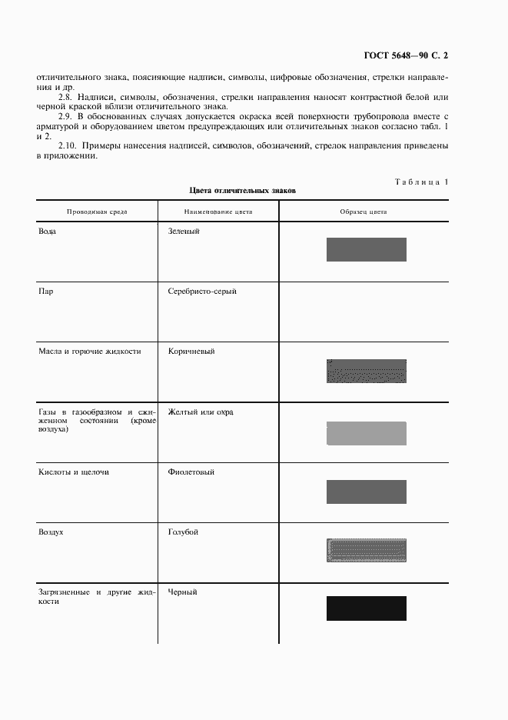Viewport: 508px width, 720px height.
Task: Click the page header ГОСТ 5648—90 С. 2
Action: point(405,56)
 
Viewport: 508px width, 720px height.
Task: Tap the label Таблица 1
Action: point(421,182)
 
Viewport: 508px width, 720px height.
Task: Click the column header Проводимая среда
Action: point(97,211)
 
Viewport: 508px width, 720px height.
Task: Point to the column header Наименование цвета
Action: point(218,211)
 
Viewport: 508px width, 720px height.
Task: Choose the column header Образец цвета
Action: point(364,211)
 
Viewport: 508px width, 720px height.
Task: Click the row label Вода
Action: point(48,231)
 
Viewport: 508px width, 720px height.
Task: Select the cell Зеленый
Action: point(184,231)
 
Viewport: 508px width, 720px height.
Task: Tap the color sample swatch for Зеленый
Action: point(366,249)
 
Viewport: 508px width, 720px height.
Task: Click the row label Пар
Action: point(46,292)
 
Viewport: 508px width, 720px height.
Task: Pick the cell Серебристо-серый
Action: point(202,292)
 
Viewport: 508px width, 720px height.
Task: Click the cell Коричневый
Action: point(191,352)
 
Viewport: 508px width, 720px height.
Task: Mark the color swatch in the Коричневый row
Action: point(366,371)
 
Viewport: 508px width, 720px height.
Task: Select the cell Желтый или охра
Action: point(201,412)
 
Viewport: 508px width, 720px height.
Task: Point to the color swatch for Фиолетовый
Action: point(366,492)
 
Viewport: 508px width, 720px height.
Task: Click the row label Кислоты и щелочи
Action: point(74,472)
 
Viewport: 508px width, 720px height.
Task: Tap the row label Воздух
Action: point(51,532)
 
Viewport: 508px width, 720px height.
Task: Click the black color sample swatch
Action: point(366,608)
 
